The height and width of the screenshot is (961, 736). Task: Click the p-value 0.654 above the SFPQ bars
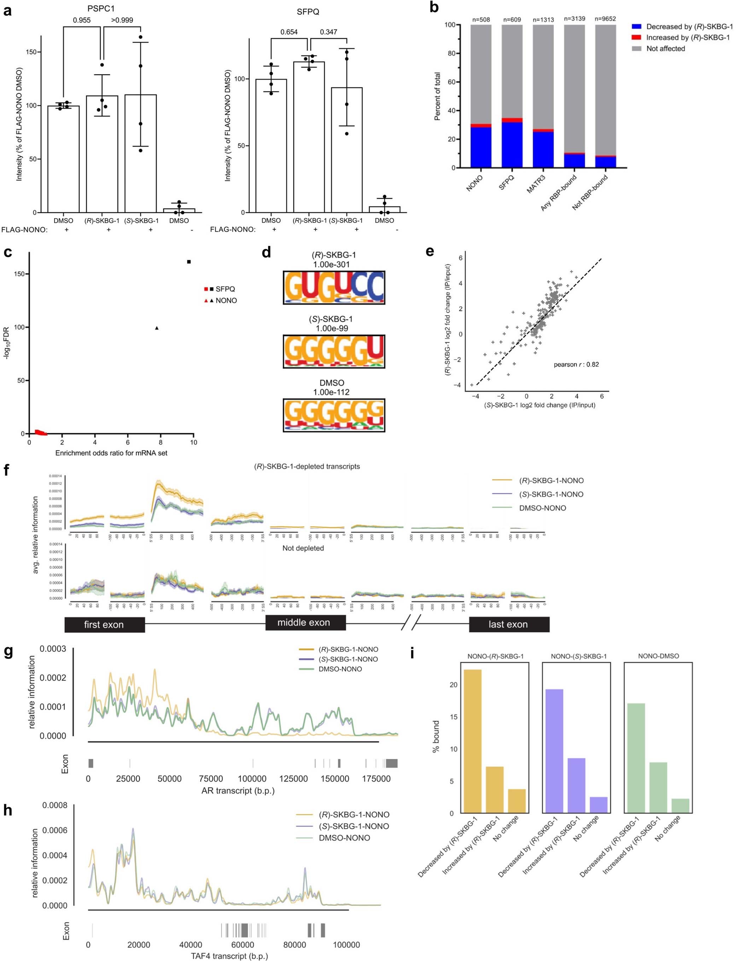pos(289,32)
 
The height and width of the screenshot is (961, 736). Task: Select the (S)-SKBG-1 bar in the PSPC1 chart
pos(141,154)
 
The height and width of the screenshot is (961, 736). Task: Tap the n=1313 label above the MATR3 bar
pos(543,19)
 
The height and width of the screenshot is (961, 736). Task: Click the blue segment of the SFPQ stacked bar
pos(512,145)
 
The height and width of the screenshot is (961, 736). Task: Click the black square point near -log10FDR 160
pos(189,262)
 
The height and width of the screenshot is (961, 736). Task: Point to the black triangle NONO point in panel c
pos(157,328)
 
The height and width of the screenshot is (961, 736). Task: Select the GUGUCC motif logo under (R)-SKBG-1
pos(334,288)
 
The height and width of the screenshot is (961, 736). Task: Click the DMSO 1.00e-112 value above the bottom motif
pos(331,392)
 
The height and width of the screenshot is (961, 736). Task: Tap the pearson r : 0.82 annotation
pos(576,364)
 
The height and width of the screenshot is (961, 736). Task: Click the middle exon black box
pos(305,623)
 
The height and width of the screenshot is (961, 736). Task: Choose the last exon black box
pos(509,624)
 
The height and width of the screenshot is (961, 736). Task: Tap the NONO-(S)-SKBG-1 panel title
pos(579,656)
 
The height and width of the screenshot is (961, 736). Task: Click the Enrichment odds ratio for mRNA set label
pos(111,453)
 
